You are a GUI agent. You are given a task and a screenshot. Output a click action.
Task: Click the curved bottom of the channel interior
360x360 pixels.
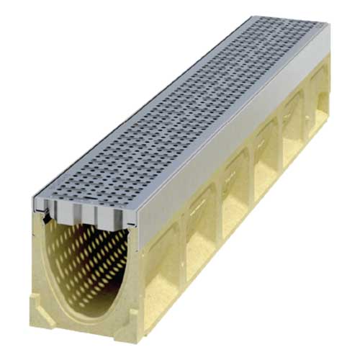(90, 317)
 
